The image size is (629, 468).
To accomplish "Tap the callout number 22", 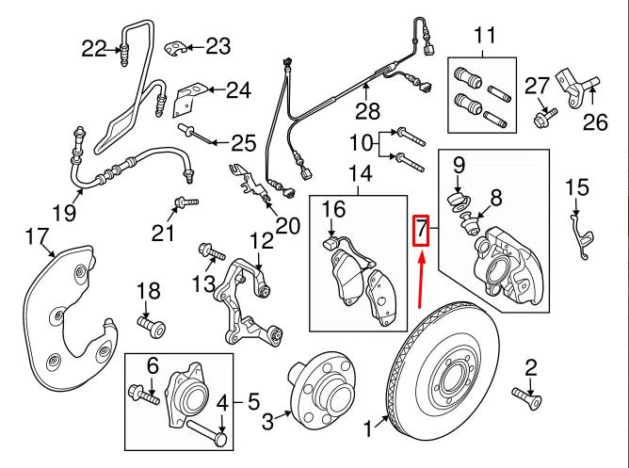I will coord(95,47).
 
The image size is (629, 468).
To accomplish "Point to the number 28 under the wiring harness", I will coord(367,113).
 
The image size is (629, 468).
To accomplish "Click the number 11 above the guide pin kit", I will coord(484,37).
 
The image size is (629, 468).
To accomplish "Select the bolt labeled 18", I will coord(152,326).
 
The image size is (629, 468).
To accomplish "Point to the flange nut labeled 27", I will coord(543,119).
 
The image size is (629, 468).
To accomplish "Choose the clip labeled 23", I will coord(176,48).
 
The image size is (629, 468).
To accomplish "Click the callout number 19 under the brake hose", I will coord(64,214).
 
